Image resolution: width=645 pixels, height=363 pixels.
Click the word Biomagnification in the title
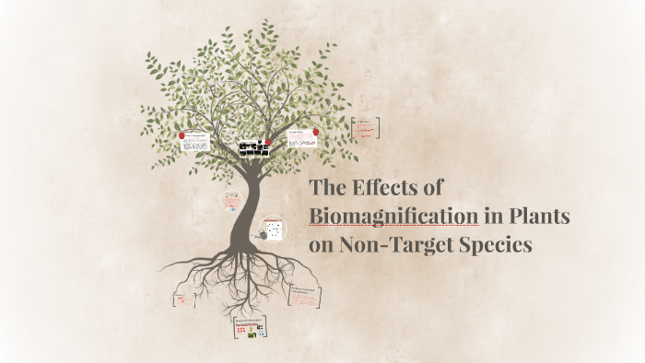tap(393, 217)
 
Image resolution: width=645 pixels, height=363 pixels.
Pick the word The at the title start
tap(327, 187)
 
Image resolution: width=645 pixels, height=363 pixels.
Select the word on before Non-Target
tap(322, 246)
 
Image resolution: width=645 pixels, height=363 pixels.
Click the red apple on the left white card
tap(182, 135)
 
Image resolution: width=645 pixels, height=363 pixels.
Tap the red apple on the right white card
tap(316, 132)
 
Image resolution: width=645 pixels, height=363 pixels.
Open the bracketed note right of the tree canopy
tap(366, 127)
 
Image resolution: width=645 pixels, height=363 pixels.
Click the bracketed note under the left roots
tap(184, 299)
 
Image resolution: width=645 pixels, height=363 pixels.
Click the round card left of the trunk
tap(231, 201)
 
